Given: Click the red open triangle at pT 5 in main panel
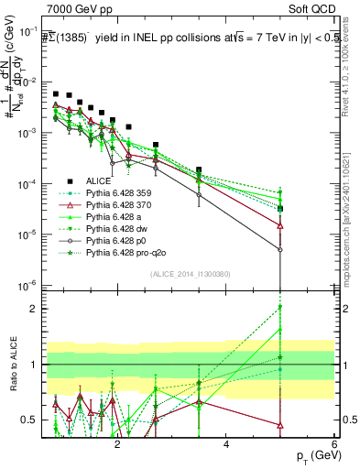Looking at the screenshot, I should pyautogui.click(x=280, y=224).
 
